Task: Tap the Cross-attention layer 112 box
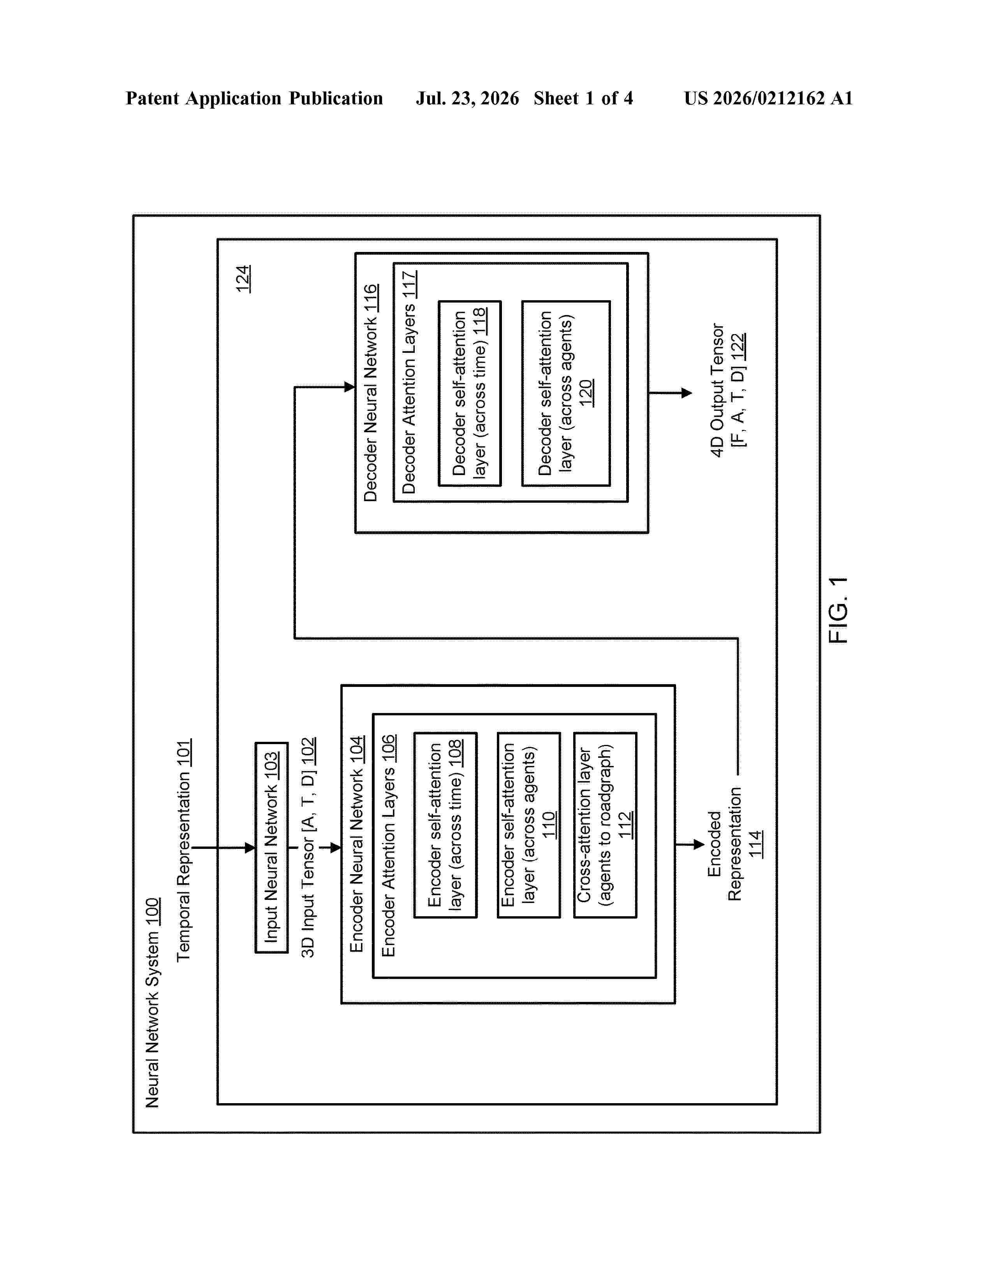coord(605,825)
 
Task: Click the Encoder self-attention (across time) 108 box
coord(445,825)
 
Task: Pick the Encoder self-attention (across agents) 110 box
coord(529,825)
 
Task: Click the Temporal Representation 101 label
coord(183,850)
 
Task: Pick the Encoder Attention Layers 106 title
coord(389,845)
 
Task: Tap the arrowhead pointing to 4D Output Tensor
coord(687,393)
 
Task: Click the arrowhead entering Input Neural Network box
coord(250,848)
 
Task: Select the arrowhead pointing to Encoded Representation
coord(699,844)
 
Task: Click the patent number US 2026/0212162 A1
coord(768,98)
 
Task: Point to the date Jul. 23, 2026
coord(468,98)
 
